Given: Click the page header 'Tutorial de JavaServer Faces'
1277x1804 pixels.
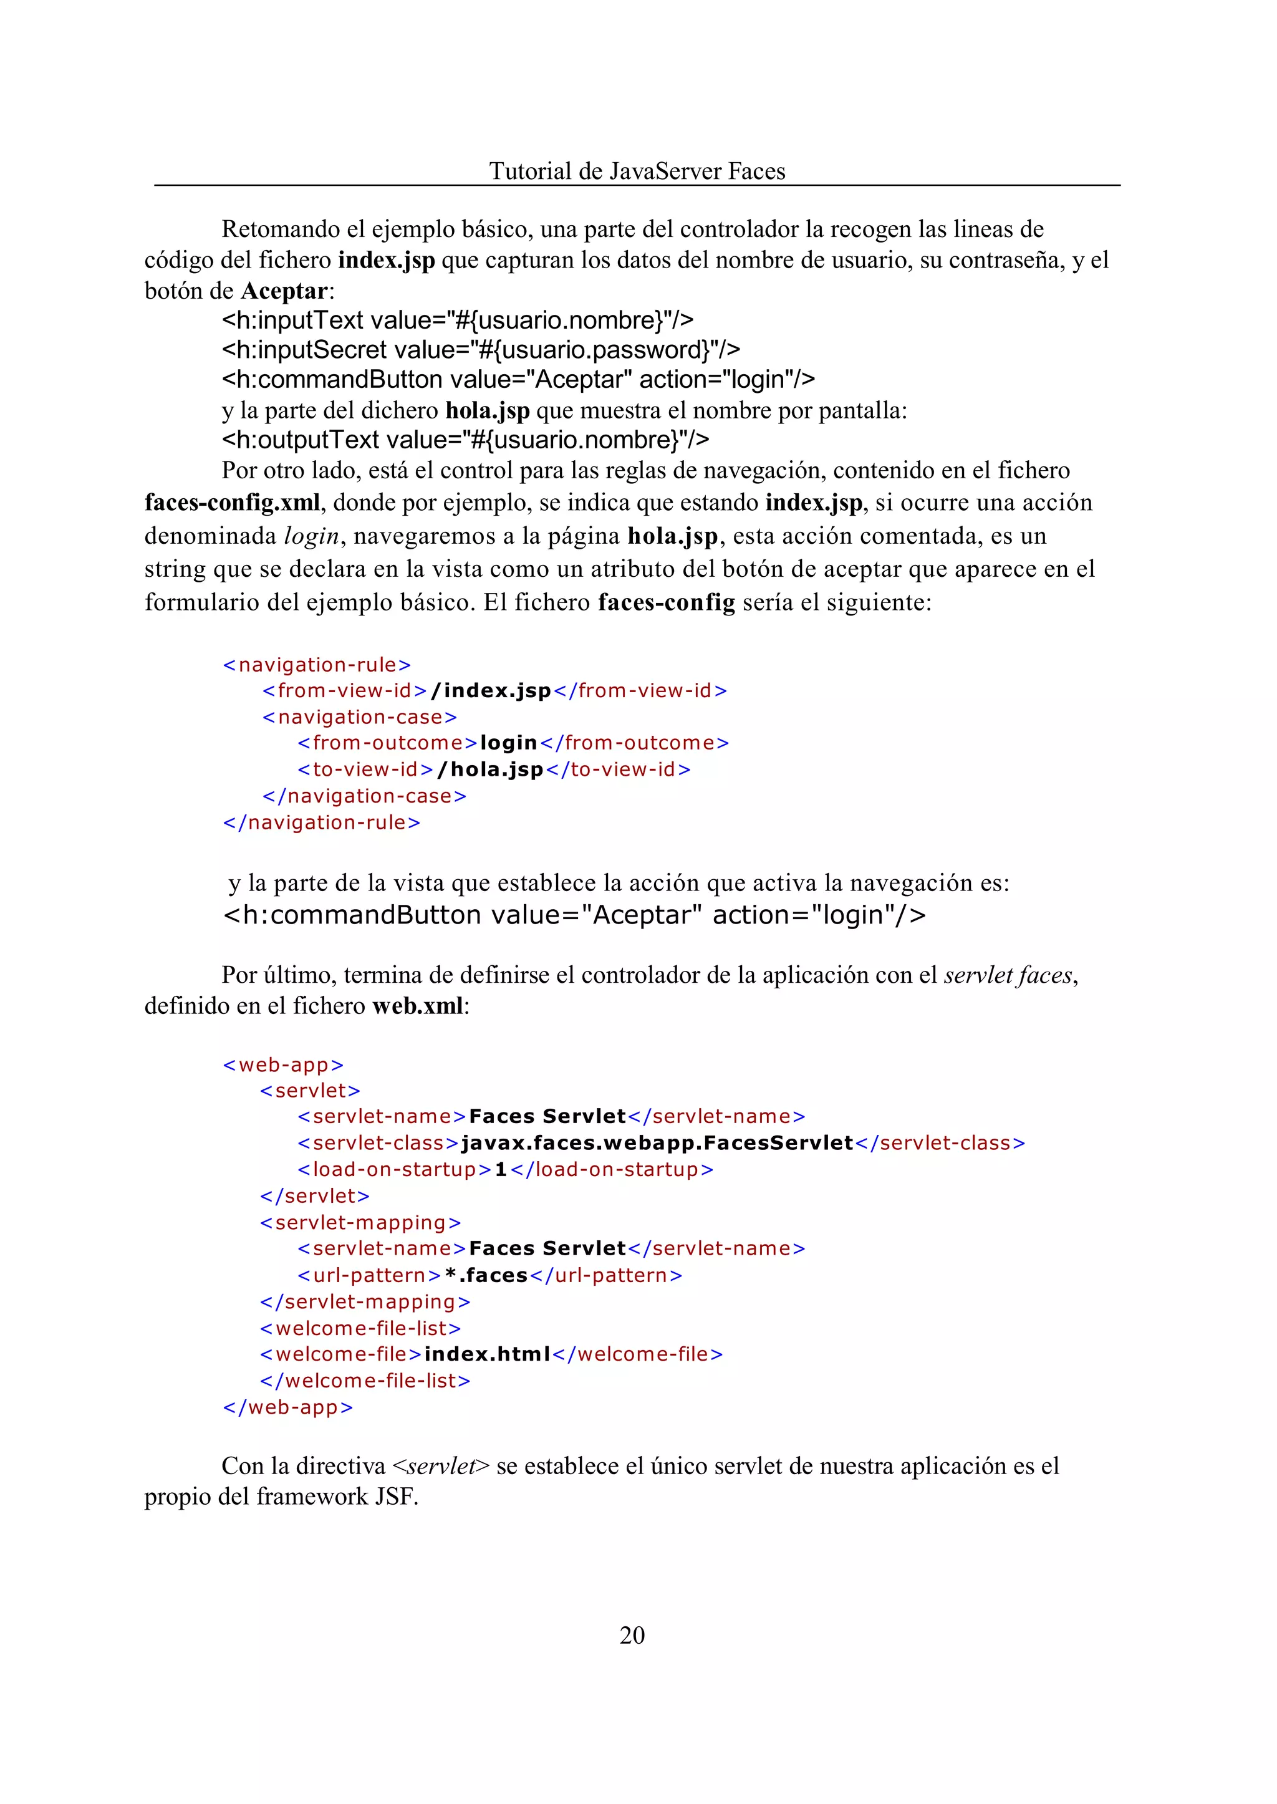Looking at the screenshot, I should [x=637, y=171].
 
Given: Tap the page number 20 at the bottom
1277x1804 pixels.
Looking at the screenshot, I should [x=632, y=1634].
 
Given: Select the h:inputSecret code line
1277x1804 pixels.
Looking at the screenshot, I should [x=481, y=349].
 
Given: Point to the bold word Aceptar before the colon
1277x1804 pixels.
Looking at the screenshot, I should [x=283, y=291].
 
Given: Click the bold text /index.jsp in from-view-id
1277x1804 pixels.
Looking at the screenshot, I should [x=491, y=690].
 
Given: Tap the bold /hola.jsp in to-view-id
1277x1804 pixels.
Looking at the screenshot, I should [x=490, y=769].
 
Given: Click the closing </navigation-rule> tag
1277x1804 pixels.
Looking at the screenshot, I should [x=322, y=822].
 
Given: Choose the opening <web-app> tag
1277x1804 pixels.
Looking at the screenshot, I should [x=283, y=1065].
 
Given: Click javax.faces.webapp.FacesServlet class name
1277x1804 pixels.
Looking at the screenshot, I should [x=657, y=1142].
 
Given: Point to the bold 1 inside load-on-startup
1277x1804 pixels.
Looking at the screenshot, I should [x=501, y=1169].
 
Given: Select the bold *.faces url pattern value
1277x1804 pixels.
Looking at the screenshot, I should [x=486, y=1275].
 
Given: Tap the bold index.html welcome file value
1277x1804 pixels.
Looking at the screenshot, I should [x=487, y=1354].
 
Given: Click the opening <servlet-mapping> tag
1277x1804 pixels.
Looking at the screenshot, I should [x=360, y=1223].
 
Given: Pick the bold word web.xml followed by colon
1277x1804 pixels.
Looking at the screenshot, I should [x=418, y=1006].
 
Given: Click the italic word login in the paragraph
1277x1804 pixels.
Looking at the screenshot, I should [x=311, y=536].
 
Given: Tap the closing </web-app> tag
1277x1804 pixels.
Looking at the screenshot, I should [x=288, y=1407].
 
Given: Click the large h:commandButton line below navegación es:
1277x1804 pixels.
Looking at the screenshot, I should [x=574, y=915].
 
